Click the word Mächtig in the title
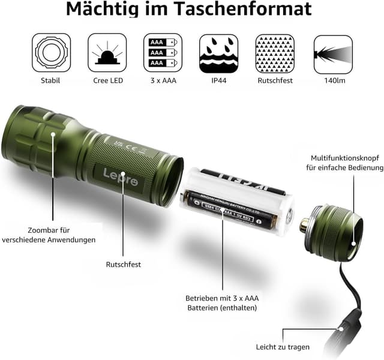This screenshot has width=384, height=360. click(101, 10)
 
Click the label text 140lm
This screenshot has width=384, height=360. click(332, 80)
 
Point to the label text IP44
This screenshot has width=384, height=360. click(218, 80)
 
